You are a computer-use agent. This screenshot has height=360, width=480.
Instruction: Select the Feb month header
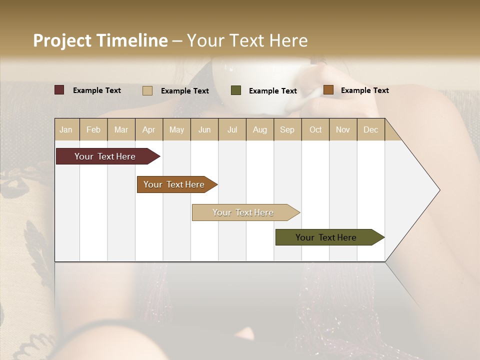tap(93, 129)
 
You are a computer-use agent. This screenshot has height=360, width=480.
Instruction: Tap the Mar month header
tap(121, 129)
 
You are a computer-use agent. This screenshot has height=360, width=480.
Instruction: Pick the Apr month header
tap(149, 129)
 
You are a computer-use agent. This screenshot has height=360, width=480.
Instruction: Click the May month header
tap(176, 129)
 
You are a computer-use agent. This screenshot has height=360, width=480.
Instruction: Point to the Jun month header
tap(204, 129)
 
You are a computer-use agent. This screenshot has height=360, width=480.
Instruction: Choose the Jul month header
tap(232, 129)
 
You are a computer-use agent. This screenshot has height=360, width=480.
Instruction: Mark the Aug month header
tap(260, 129)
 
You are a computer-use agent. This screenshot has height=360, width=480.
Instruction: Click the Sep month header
tap(287, 129)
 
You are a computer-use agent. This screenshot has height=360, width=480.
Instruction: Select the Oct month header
tap(315, 129)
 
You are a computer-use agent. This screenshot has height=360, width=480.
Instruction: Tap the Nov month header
tap(343, 129)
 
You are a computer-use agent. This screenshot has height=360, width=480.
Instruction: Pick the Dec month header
tap(371, 129)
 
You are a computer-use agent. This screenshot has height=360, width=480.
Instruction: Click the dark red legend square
tap(59, 90)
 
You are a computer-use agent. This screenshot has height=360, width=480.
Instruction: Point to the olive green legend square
tap(236, 90)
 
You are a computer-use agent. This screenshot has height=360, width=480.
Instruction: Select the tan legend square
tap(147, 90)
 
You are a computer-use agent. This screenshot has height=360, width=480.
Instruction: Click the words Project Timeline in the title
tap(100, 40)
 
